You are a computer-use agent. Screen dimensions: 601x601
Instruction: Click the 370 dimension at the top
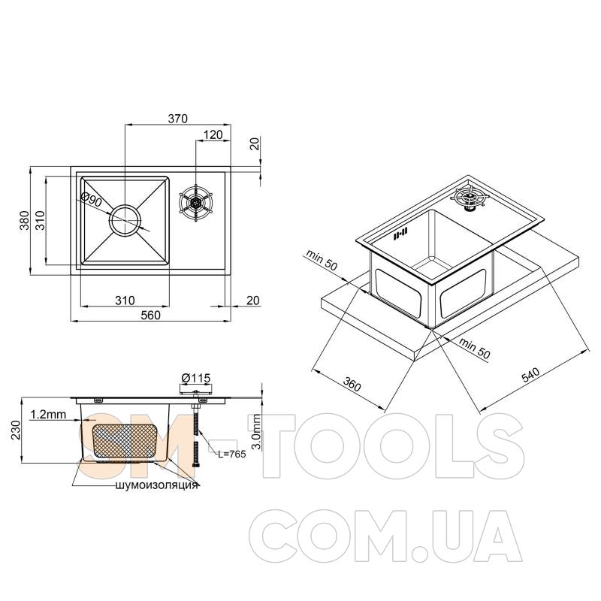click(178, 119)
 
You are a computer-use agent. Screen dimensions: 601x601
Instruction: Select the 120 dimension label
click(213, 135)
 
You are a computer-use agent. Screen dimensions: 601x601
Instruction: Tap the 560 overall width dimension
click(151, 315)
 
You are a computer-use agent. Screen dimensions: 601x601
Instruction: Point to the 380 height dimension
click(25, 220)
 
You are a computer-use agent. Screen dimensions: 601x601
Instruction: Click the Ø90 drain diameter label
click(92, 200)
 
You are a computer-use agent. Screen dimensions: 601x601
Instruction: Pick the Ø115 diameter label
click(195, 379)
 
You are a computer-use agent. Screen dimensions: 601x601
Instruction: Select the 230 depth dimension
click(16, 430)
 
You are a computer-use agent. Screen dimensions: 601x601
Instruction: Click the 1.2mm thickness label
click(48, 415)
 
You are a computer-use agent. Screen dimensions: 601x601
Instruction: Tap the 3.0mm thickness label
click(257, 431)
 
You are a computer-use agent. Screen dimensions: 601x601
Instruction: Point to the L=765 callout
click(232, 455)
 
